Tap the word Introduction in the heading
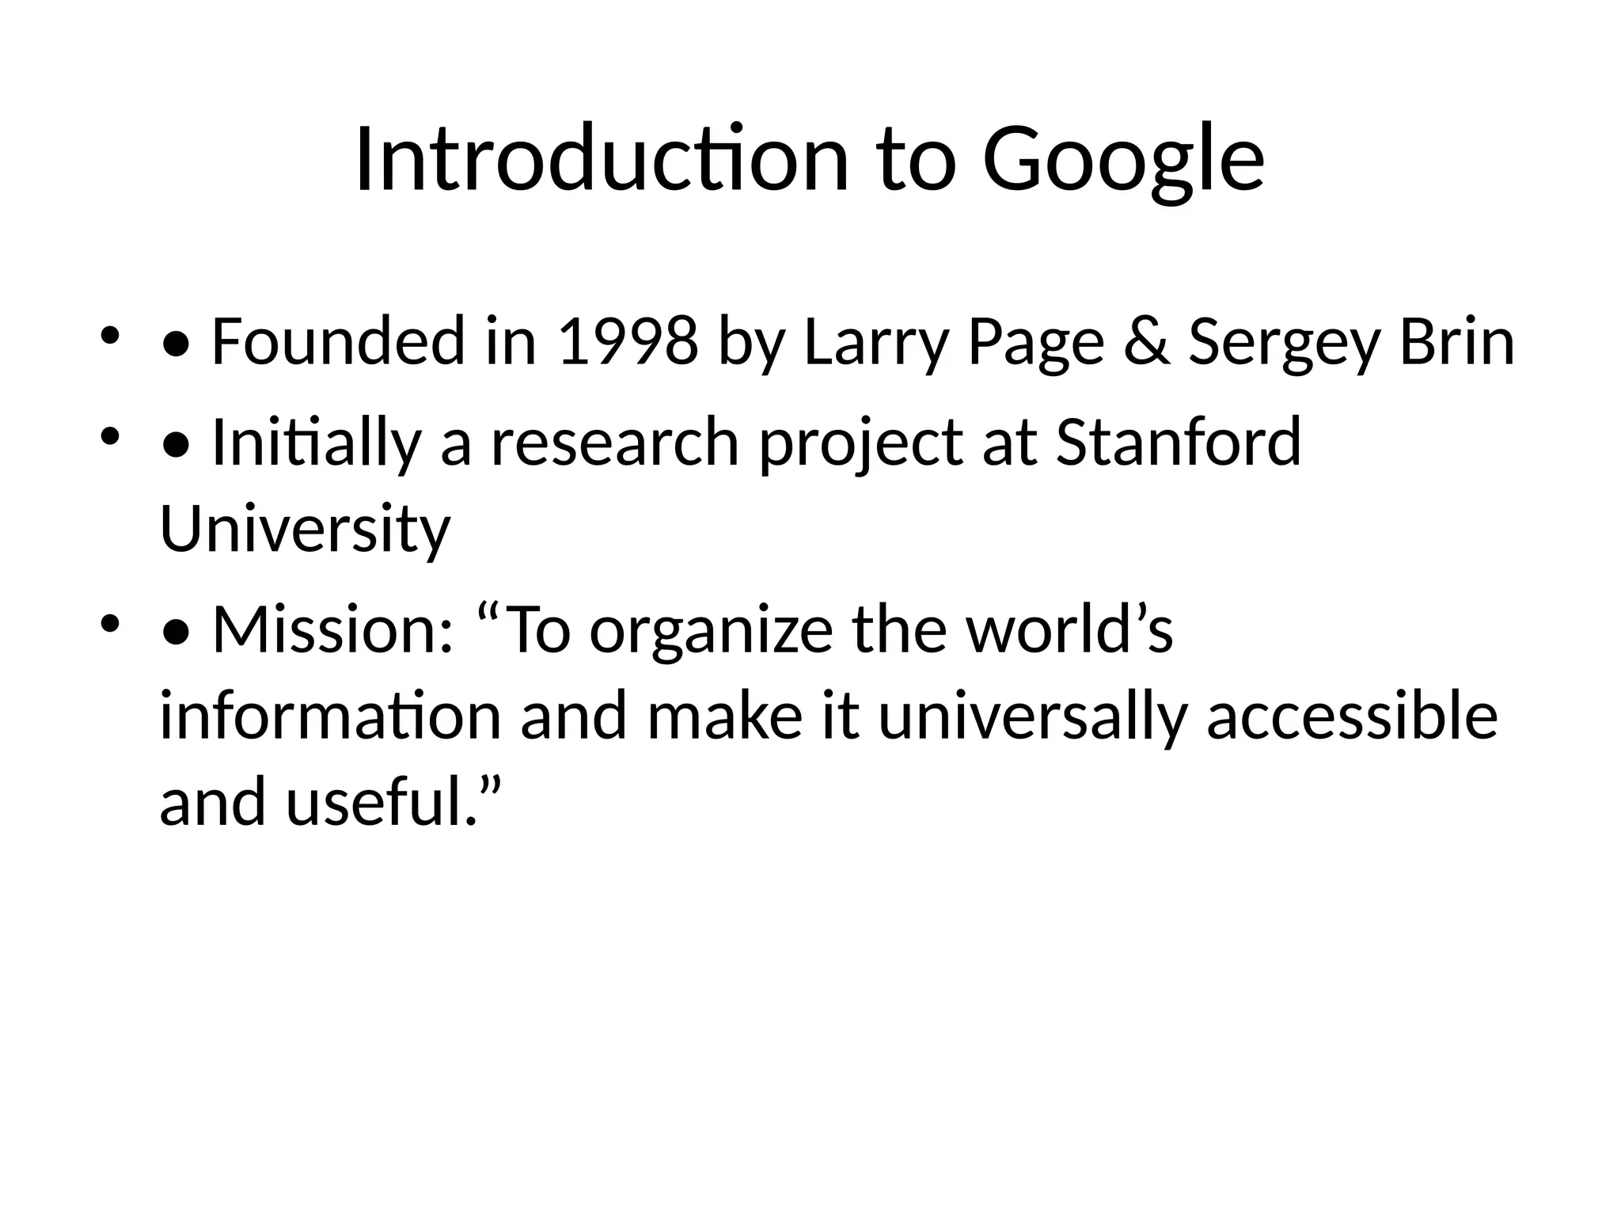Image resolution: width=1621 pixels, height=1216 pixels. [602, 161]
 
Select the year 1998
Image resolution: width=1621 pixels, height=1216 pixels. [628, 342]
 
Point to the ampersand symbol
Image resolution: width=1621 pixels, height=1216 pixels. [1146, 342]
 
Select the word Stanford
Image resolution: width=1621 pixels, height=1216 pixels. [1179, 442]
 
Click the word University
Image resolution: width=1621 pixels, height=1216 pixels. [305, 529]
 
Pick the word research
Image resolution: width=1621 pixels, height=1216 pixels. [615, 442]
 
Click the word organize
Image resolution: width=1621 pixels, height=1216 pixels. [711, 629]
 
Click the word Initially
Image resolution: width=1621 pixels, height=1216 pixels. [316, 442]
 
